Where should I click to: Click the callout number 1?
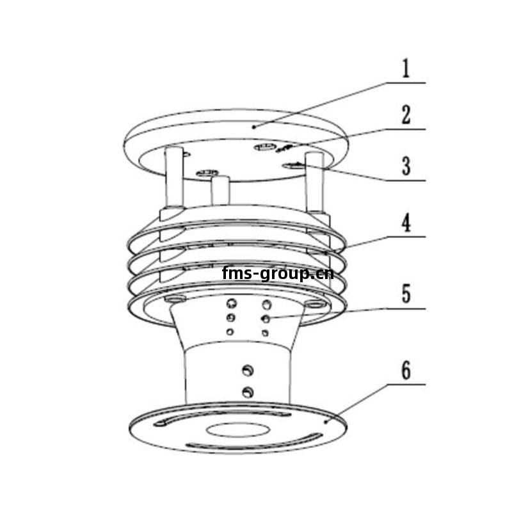406,68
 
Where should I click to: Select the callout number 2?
406,115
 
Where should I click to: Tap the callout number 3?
406,166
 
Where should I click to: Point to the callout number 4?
406,222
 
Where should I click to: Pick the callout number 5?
406,294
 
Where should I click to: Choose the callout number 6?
406,371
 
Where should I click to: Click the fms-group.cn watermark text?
278,274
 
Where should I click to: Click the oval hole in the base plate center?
237,430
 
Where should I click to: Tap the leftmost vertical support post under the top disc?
175,177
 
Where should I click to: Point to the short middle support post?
220,190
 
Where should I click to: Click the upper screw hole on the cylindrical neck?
248,371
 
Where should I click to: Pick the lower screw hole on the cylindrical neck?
248,392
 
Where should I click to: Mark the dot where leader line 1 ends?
253,127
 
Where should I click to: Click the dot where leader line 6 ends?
326,422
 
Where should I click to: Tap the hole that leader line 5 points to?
266,318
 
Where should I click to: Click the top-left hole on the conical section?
232,303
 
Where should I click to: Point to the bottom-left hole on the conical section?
230,332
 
